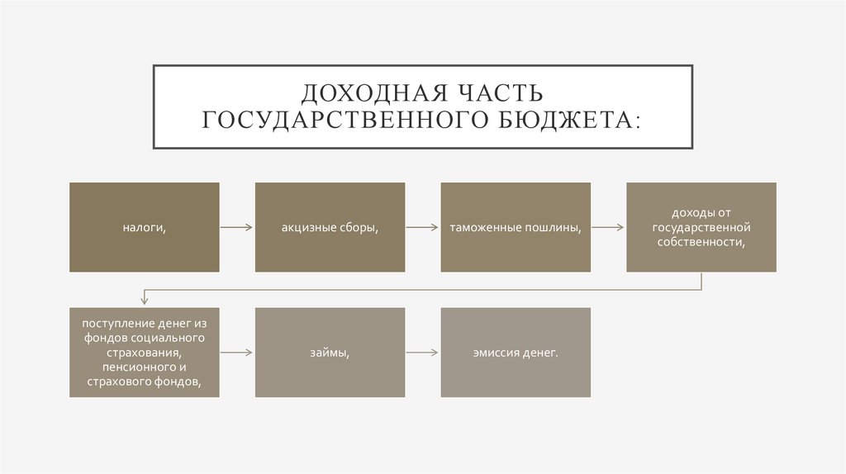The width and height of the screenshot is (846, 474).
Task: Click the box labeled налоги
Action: pyautogui.click(x=145, y=227)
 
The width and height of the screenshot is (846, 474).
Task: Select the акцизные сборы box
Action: pyautogui.click(x=330, y=227)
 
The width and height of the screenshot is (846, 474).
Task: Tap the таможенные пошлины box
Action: pyautogui.click(x=516, y=227)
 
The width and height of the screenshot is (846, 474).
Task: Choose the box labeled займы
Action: pyautogui.click(x=330, y=353)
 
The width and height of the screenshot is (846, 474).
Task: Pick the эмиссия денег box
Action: pyautogui.click(x=516, y=353)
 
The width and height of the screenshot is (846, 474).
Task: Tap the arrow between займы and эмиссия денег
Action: pyautogui.click(x=422, y=353)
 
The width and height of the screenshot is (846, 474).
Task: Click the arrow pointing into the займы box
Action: pyautogui.click(x=237, y=353)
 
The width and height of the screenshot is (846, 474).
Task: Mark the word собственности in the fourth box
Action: pyautogui.click(x=701, y=242)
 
